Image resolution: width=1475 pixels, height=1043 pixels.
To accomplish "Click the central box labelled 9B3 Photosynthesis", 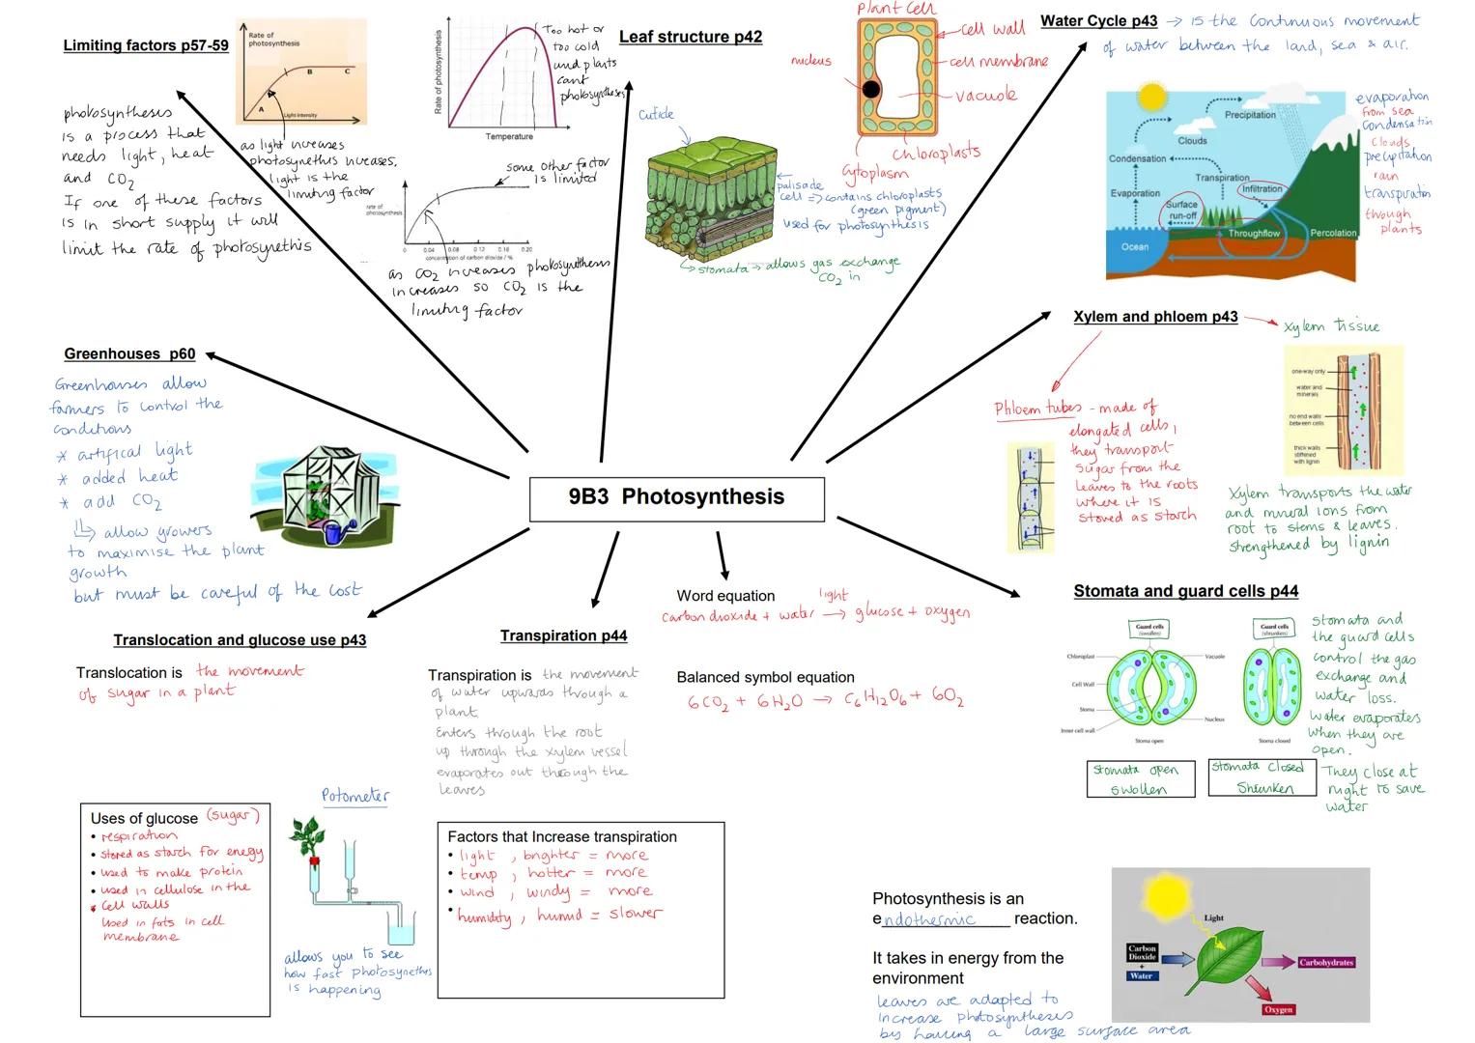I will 676,497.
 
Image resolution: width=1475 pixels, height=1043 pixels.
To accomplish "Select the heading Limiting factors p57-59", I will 146,45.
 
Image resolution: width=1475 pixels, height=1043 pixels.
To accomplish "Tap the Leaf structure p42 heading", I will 690,38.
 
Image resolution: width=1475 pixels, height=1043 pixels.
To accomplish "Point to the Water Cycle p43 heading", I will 1098,21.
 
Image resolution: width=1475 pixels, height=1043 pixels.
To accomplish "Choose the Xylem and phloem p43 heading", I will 1155,317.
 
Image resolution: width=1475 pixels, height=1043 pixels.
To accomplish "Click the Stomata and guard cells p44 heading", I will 1185,591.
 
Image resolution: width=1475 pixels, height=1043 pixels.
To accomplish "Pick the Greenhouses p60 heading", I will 129,354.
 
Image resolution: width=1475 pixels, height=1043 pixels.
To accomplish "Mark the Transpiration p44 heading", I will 563,635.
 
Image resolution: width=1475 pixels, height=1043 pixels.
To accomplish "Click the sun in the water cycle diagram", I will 1151,98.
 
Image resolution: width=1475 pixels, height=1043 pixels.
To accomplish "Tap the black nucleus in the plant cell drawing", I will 871,90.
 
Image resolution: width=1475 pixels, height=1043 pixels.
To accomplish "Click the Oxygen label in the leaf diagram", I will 1277,1009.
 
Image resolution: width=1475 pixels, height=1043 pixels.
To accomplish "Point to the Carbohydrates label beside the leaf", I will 1325,963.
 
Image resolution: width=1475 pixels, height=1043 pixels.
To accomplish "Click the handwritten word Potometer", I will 355,796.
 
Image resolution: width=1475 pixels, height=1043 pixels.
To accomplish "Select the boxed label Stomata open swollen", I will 1137,779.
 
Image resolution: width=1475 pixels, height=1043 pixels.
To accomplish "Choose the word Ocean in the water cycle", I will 1134,247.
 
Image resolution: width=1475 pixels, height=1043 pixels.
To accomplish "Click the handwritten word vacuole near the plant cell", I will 985,96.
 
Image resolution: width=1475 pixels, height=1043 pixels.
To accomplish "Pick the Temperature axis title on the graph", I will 508,137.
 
